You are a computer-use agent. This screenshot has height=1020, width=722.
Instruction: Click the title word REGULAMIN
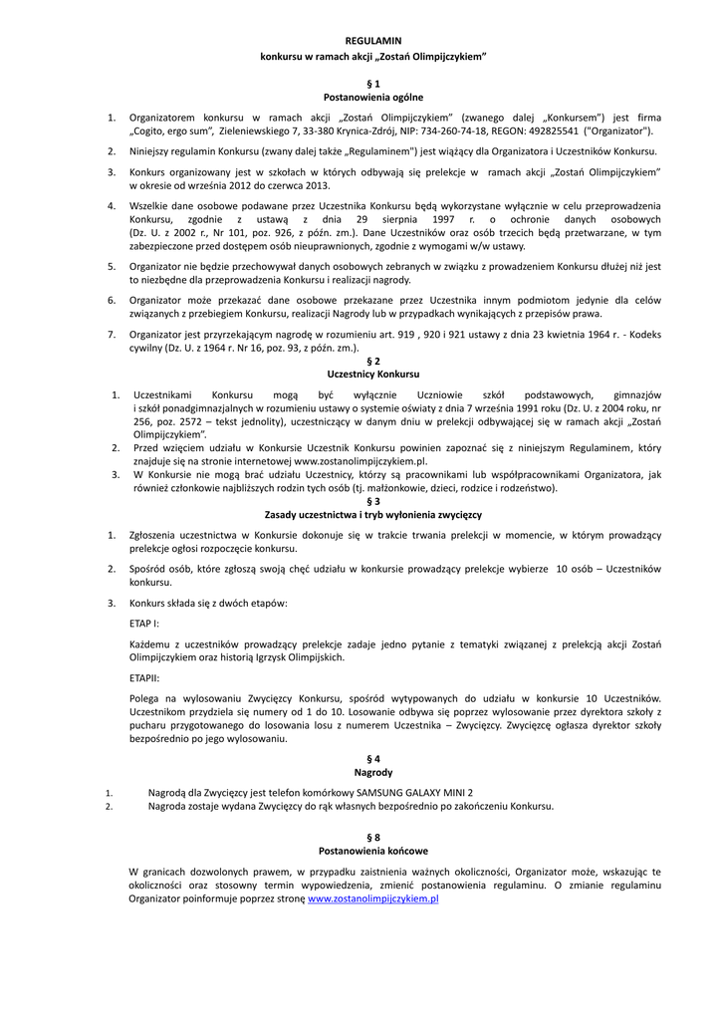point(372,41)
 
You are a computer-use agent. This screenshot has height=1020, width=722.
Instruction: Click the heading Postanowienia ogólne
point(373,98)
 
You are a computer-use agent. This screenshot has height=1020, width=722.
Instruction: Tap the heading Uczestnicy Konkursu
point(373,374)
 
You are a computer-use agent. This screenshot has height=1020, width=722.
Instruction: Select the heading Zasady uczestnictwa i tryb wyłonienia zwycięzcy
point(373,515)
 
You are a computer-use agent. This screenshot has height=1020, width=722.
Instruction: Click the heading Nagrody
point(373,772)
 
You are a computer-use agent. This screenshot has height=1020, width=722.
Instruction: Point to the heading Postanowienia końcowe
point(373,852)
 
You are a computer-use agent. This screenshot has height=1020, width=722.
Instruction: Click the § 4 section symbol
point(373,759)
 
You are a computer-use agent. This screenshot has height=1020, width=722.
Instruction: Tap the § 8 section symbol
point(373,838)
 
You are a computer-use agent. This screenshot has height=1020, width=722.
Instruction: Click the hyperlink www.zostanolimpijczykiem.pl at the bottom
point(373,898)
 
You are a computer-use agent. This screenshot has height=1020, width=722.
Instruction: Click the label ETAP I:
point(144,623)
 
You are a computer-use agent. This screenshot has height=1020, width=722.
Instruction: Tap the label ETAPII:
point(145,677)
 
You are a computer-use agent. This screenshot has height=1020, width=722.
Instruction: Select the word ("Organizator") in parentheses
point(618,130)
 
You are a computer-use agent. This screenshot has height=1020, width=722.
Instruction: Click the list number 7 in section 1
point(112,335)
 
